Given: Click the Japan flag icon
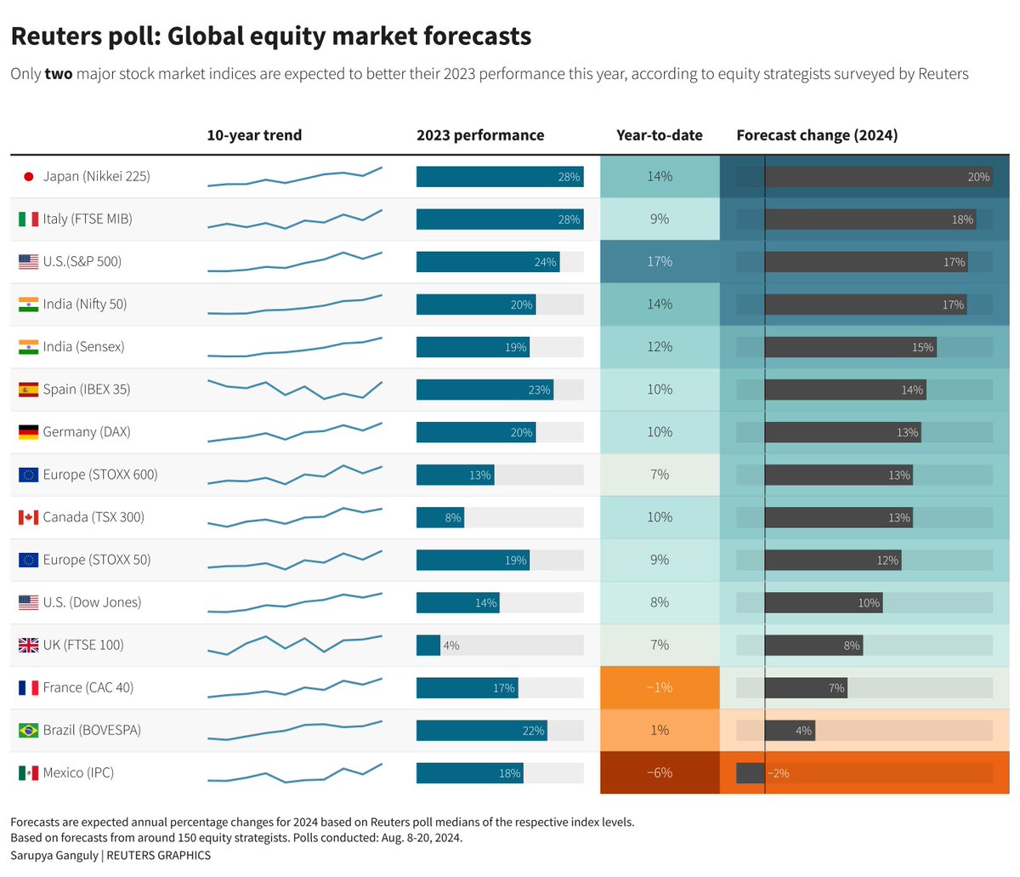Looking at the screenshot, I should (x=28, y=177).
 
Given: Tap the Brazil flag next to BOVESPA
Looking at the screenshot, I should (x=28, y=730).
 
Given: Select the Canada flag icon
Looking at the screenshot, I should (x=28, y=517).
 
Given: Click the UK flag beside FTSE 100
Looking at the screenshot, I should (x=28, y=645).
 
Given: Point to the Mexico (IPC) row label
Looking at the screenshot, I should (x=78, y=772).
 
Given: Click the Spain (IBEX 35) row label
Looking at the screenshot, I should (x=86, y=390).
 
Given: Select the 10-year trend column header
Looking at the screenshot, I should (x=254, y=135).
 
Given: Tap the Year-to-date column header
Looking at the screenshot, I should (x=660, y=135).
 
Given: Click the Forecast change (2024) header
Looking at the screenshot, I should (x=817, y=135).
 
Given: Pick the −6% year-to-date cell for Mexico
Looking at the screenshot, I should (x=660, y=772).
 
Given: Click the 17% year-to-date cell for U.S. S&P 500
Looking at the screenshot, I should (x=660, y=262).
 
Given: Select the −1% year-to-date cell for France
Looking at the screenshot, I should (x=660, y=687).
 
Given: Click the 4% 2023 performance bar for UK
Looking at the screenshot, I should (x=428, y=645).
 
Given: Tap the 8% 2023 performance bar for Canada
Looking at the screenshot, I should (x=440, y=517).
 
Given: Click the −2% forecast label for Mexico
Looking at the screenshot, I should (x=778, y=773).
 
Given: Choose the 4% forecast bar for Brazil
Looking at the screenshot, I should (x=790, y=730).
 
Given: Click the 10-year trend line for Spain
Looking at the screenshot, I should (x=294, y=390).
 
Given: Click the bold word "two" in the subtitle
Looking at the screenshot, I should (x=59, y=74).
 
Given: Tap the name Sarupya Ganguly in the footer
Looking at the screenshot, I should (x=54, y=855).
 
